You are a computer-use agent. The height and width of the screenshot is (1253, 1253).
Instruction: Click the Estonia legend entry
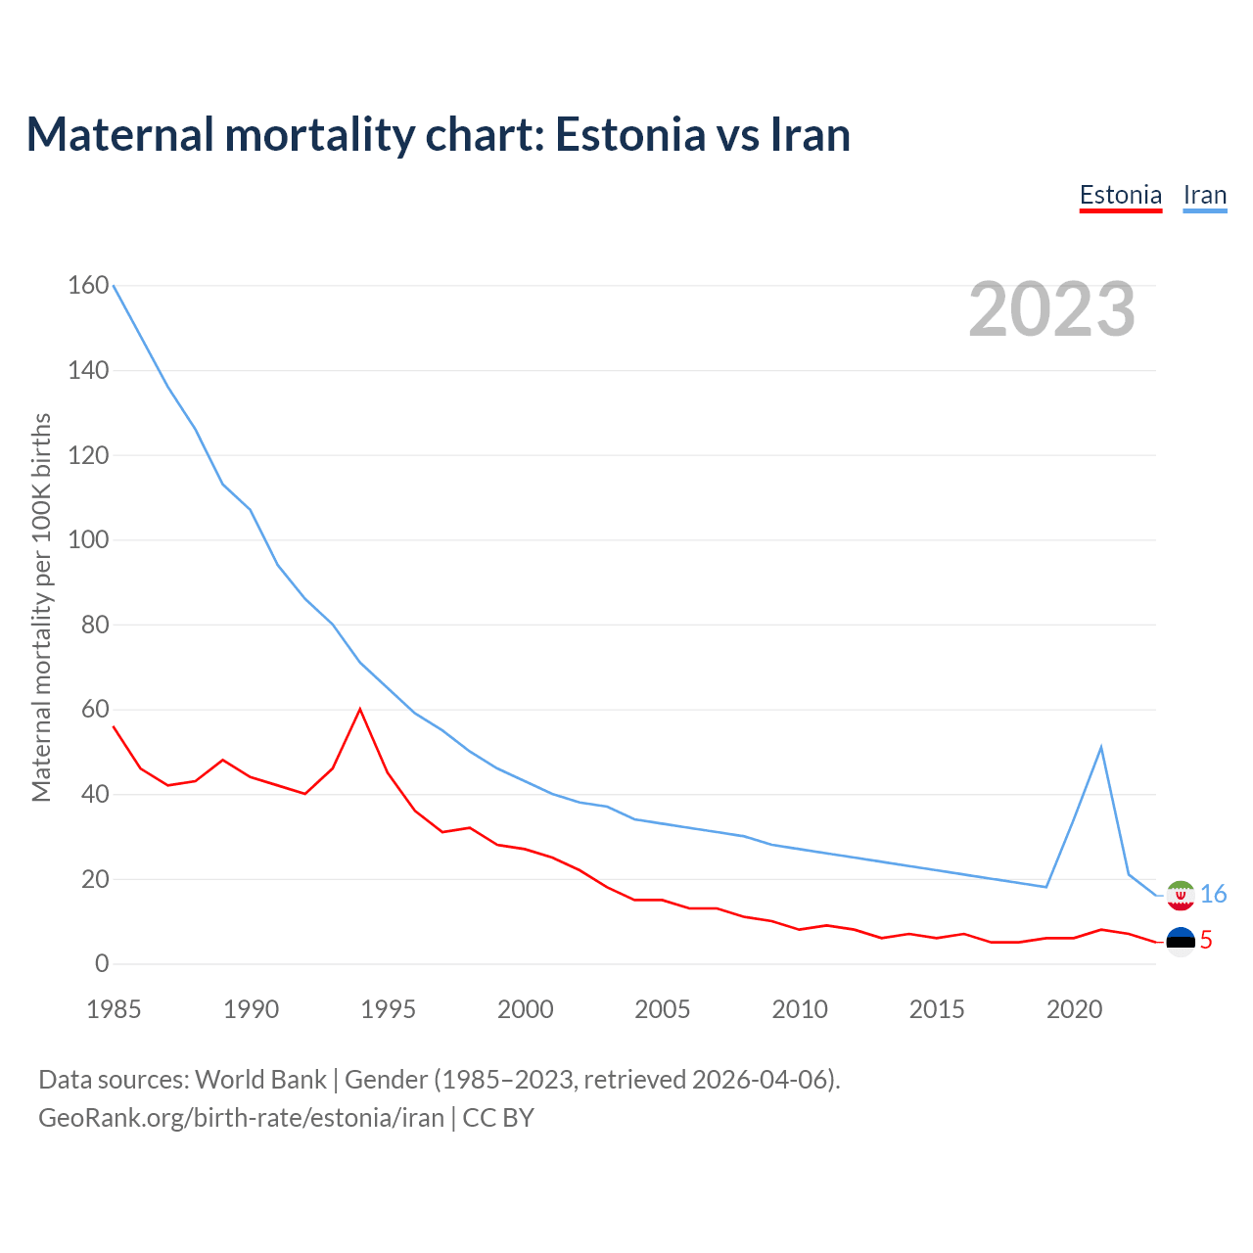(1120, 195)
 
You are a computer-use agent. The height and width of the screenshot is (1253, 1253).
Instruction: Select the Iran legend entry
(1204, 195)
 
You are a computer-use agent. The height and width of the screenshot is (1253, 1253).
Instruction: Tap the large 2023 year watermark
(1051, 309)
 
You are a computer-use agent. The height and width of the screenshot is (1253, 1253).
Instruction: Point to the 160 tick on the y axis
(88, 285)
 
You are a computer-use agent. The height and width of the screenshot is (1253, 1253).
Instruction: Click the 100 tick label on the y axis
(88, 539)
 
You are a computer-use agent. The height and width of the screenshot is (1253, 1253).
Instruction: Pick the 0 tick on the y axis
(102, 963)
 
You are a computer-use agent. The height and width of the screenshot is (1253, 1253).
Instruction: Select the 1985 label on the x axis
(114, 1009)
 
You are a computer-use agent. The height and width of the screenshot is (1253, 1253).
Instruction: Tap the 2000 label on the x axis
(525, 1009)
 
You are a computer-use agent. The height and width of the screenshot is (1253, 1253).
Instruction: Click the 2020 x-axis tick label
(1074, 1009)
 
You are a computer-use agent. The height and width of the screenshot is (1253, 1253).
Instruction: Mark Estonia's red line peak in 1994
(360, 709)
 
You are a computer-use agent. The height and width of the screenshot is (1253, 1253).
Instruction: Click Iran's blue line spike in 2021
(1101, 747)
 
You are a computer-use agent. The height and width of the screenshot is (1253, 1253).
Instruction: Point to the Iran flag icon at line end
(1181, 895)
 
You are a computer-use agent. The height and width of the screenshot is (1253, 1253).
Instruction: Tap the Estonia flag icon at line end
(1181, 941)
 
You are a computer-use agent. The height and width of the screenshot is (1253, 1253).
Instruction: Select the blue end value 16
(1213, 894)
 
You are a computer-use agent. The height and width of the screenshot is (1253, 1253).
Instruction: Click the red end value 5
(1206, 941)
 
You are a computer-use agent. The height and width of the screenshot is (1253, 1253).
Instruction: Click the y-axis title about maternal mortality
(41, 607)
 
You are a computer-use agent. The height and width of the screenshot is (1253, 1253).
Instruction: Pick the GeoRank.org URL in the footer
(241, 1117)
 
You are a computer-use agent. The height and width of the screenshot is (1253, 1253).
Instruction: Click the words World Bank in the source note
(260, 1079)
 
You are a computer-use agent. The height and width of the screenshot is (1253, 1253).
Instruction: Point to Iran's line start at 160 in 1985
(114, 285)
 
